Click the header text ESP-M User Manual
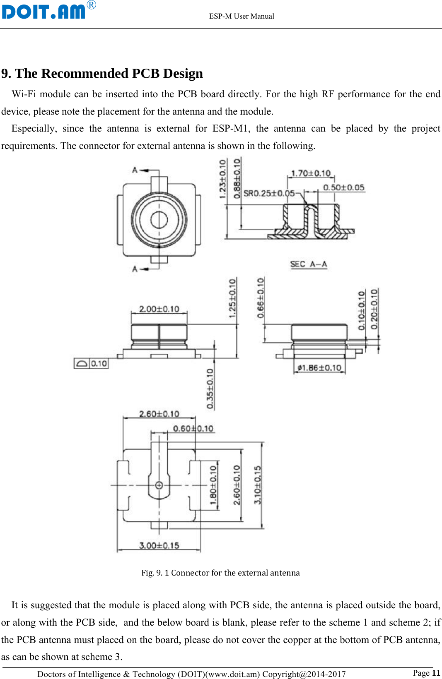click(x=242, y=16)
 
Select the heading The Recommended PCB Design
click(x=102, y=73)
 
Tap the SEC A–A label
click(x=309, y=264)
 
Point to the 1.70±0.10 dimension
click(x=311, y=173)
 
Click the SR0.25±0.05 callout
click(x=269, y=193)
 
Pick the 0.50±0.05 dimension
click(x=343, y=187)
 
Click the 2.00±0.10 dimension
click(x=159, y=309)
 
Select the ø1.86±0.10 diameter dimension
click(x=319, y=367)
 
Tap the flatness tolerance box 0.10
click(x=91, y=363)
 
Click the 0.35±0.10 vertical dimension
click(x=210, y=389)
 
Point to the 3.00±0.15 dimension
click(x=159, y=545)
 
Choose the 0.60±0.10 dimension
click(x=193, y=428)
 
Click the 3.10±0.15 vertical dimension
click(x=258, y=485)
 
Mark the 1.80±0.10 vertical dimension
click(x=213, y=485)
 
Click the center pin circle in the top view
click(x=159, y=220)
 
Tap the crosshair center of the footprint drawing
click(x=159, y=485)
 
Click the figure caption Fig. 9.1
click(x=220, y=573)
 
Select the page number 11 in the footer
click(x=436, y=672)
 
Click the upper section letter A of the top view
click(x=135, y=170)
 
